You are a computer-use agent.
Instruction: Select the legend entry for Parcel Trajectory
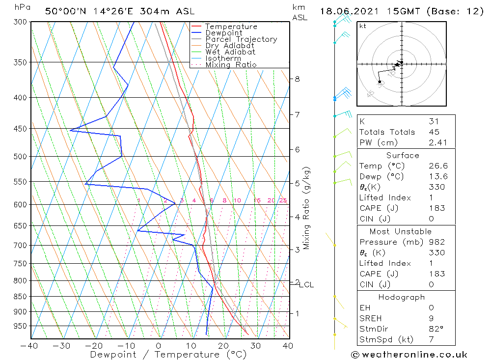[241, 39]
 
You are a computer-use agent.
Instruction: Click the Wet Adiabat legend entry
[230, 52]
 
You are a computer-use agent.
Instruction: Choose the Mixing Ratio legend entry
[231, 65]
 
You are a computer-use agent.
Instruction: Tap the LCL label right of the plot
[306, 285]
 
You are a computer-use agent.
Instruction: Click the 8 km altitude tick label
[297, 79]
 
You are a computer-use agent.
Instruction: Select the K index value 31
[434, 121]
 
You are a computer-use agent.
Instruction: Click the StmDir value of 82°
[435, 329]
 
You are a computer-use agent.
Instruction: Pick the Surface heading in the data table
[403, 155]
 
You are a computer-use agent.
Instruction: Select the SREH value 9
[431, 318]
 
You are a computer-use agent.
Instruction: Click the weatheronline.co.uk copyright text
[409, 355]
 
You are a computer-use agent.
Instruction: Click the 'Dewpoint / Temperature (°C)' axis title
[168, 355]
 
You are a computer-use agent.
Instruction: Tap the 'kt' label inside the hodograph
[363, 26]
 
